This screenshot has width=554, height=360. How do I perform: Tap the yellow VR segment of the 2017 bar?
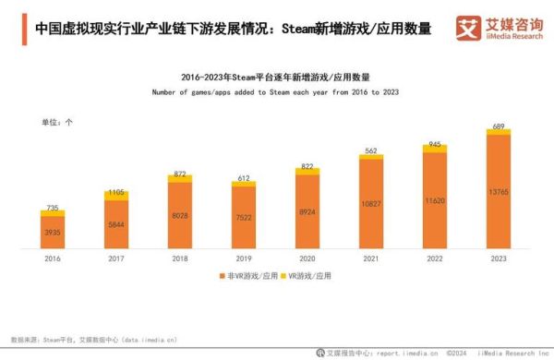click(116, 197)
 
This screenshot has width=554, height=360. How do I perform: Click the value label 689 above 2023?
click(499, 126)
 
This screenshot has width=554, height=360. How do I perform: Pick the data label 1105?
click(116, 192)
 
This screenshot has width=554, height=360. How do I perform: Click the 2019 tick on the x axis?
click(244, 259)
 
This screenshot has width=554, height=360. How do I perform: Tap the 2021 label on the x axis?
click(371, 259)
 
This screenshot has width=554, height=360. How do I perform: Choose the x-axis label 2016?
click(53, 259)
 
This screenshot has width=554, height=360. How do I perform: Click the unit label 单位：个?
click(57, 122)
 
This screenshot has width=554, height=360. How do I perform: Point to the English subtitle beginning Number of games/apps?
click(277, 92)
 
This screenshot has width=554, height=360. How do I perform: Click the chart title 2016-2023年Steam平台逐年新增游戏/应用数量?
click(277, 78)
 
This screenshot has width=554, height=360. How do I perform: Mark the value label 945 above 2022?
click(435, 145)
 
